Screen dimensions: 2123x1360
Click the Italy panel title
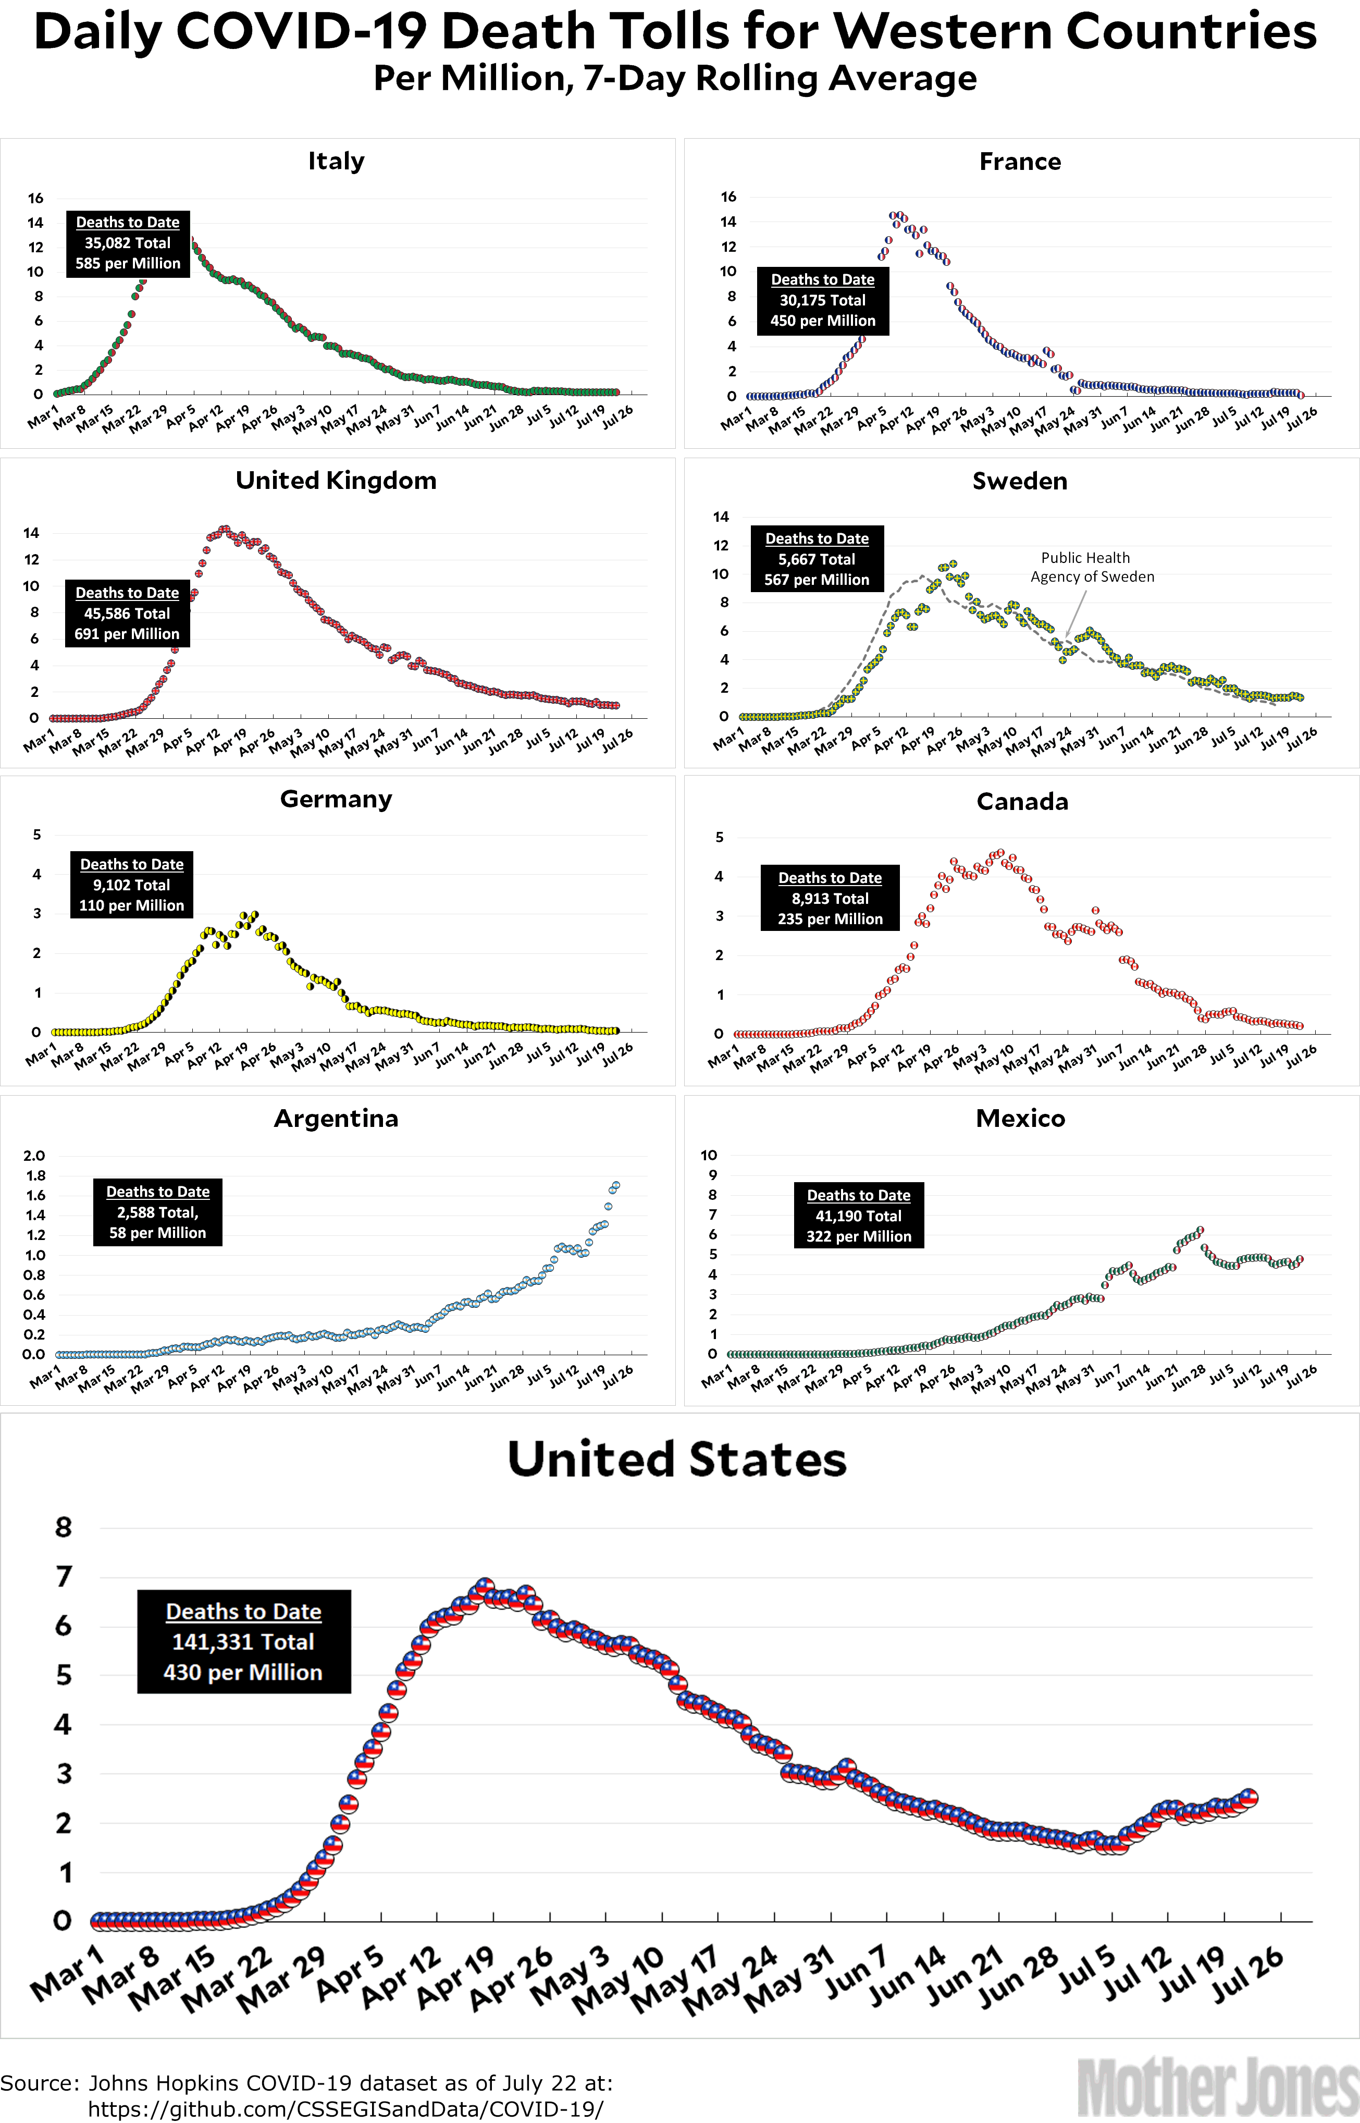click(336, 161)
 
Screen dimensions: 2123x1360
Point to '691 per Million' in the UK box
click(127, 634)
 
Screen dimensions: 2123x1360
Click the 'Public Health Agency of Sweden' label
click(1092, 567)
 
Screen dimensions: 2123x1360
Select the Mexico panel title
click(1020, 1118)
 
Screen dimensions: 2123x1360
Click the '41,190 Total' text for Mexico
click(858, 1216)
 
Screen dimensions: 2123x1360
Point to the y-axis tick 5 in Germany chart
click(37, 835)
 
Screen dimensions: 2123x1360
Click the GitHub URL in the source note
click(345, 2109)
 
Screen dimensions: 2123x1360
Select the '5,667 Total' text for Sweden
click(817, 559)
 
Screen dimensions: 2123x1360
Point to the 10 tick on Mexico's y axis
click(709, 1155)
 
